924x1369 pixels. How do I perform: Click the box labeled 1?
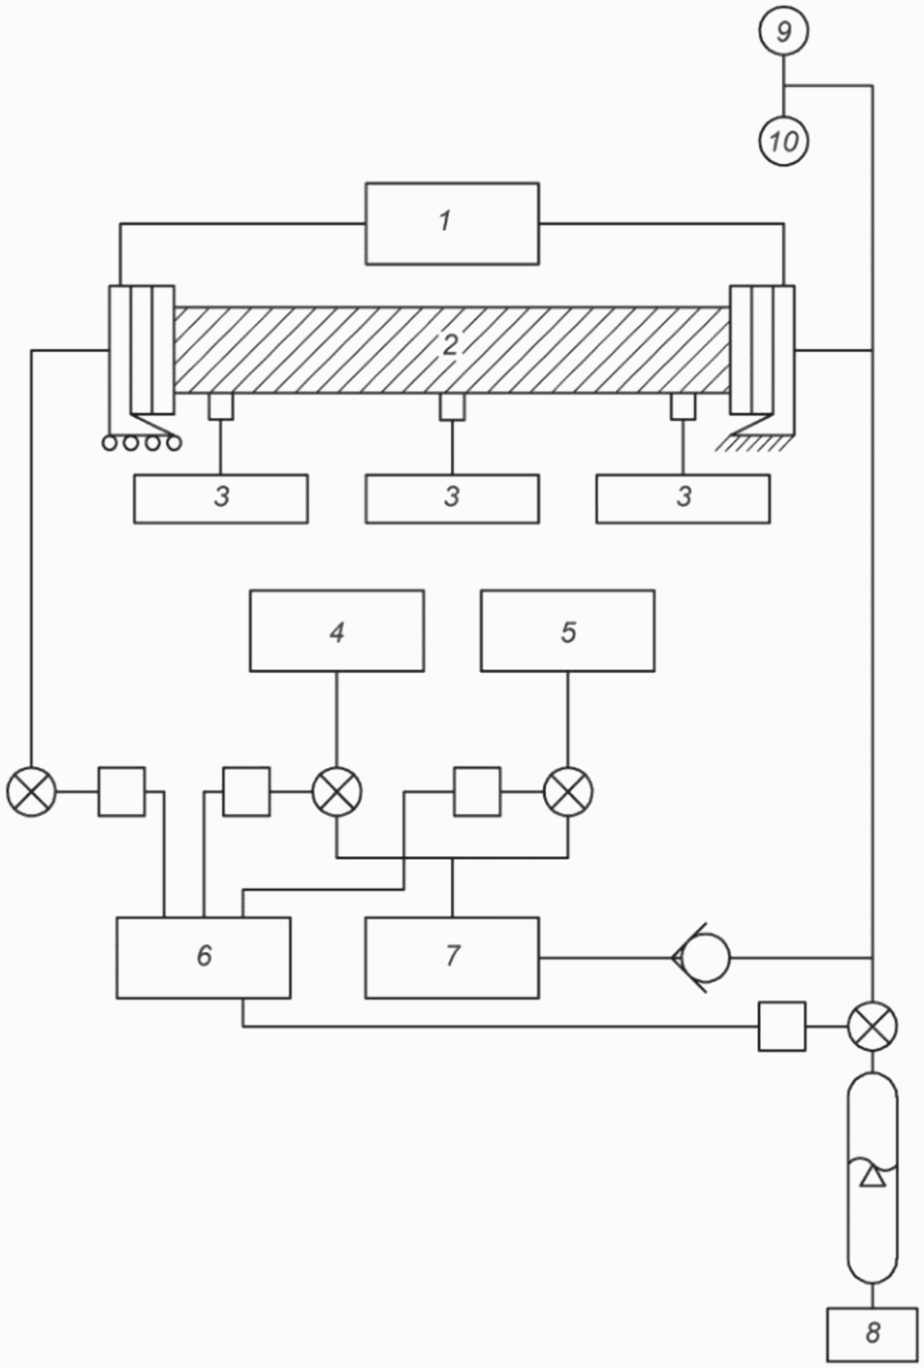(x=451, y=223)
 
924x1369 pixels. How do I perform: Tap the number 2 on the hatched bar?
(x=450, y=345)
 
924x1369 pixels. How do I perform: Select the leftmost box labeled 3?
(x=221, y=499)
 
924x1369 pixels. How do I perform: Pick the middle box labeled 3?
(x=451, y=499)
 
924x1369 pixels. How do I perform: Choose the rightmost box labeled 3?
(x=682, y=499)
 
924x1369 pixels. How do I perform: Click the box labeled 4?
(x=337, y=631)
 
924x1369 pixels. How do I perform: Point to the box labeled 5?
(x=567, y=631)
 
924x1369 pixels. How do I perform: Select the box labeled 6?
(x=203, y=957)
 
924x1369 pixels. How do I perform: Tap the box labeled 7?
(x=451, y=957)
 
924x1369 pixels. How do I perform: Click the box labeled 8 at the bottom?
(x=871, y=1333)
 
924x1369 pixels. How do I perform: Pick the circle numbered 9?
(x=784, y=32)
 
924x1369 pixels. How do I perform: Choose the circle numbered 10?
(x=784, y=142)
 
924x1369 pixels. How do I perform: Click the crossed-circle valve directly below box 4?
(x=337, y=792)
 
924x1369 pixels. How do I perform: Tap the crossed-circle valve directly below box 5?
(x=567, y=792)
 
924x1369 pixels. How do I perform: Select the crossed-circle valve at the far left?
(x=32, y=792)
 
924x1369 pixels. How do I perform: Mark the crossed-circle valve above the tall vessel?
(x=872, y=1026)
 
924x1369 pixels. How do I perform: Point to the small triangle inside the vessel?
(x=871, y=1176)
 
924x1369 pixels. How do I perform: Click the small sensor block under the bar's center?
(x=452, y=407)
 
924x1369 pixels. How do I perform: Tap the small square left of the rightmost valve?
(x=782, y=1026)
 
